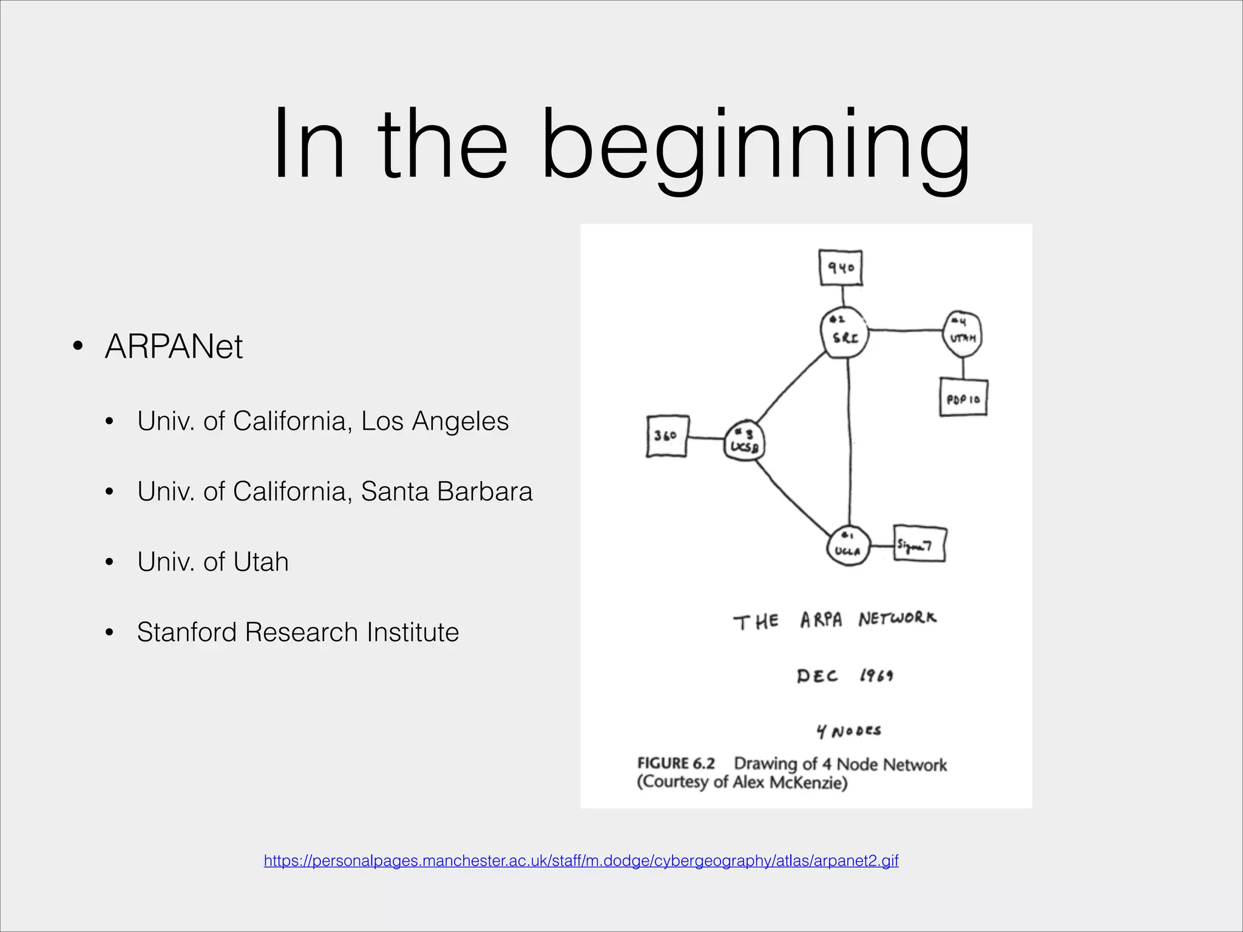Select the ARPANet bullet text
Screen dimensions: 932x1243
click(x=174, y=347)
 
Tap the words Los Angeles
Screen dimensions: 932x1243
click(x=435, y=421)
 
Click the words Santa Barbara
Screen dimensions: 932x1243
click(x=446, y=491)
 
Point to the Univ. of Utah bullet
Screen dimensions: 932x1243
click(x=212, y=562)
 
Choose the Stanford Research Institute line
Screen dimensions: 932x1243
click(x=297, y=632)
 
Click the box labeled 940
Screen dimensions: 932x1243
click(x=841, y=268)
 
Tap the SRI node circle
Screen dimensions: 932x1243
click(x=844, y=333)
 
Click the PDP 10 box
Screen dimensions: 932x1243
click(x=963, y=398)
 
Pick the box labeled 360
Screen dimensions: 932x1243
click(x=667, y=436)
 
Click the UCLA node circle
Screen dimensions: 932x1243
click(x=848, y=545)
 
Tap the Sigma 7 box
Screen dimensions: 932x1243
click(x=920, y=544)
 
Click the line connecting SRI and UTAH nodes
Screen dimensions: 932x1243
click(x=904, y=331)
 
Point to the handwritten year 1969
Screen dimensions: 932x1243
click(x=876, y=675)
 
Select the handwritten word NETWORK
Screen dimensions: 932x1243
click(x=897, y=619)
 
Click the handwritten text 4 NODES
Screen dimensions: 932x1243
click(x=848, y=731)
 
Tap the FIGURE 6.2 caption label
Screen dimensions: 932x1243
click(x=676, y=763)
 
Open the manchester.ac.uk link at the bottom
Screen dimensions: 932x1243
click(x=581, y=860)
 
